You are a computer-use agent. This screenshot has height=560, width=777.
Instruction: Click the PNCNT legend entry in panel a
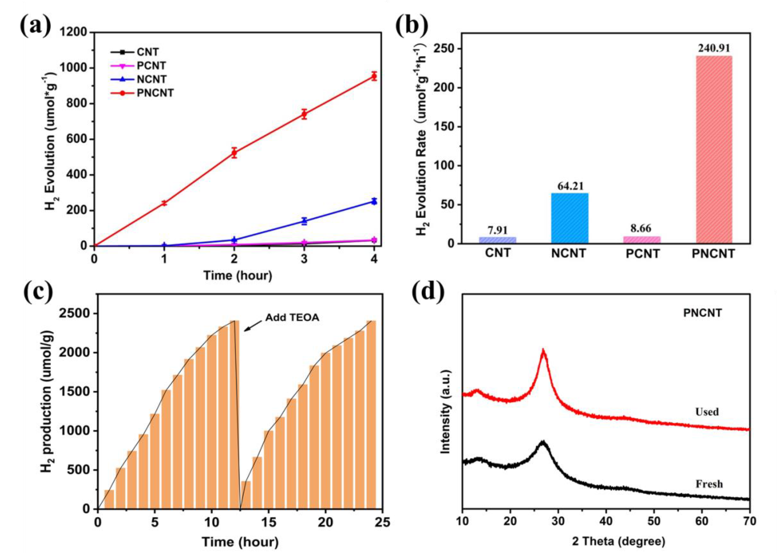coord(155,93)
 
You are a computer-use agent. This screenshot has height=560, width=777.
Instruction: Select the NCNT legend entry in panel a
coord(151,79)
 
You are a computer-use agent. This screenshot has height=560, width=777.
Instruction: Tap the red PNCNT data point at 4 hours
coord(374,76)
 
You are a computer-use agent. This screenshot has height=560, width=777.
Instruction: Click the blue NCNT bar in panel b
coord(569,218)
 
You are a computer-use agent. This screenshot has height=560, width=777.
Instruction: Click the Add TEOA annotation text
coord(292,318)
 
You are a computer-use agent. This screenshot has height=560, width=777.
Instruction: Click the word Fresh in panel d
coord(709,484)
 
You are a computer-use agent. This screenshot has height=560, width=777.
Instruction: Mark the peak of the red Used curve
coord(543,350)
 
